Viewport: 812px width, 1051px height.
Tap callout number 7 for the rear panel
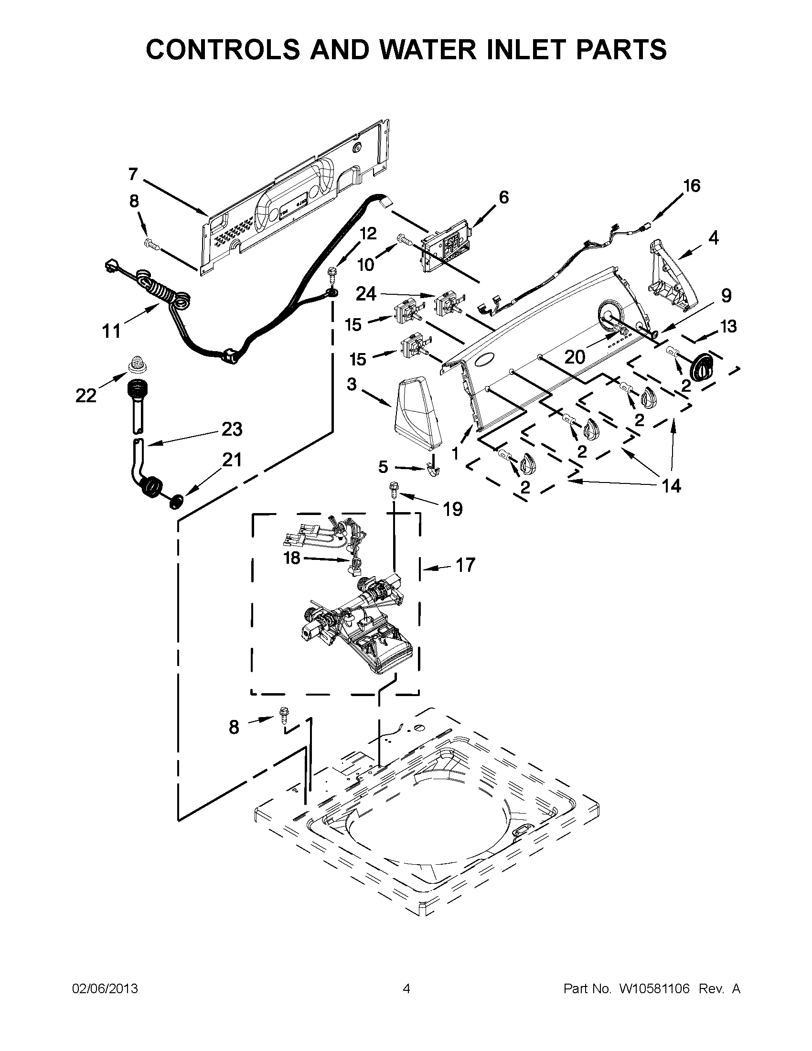(133, 174)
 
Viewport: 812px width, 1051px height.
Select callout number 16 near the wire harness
(692, 186)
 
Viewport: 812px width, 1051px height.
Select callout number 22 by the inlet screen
(86, 396)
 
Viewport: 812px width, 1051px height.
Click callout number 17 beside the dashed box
(465, 565)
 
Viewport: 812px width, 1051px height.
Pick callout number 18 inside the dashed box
(292, 558)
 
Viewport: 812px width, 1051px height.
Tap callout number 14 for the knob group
(671, 486)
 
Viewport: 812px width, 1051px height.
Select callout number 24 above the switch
(365, 293)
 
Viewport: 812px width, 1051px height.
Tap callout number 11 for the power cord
(112, 331)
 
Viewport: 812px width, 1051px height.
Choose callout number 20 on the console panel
(574, 356)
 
